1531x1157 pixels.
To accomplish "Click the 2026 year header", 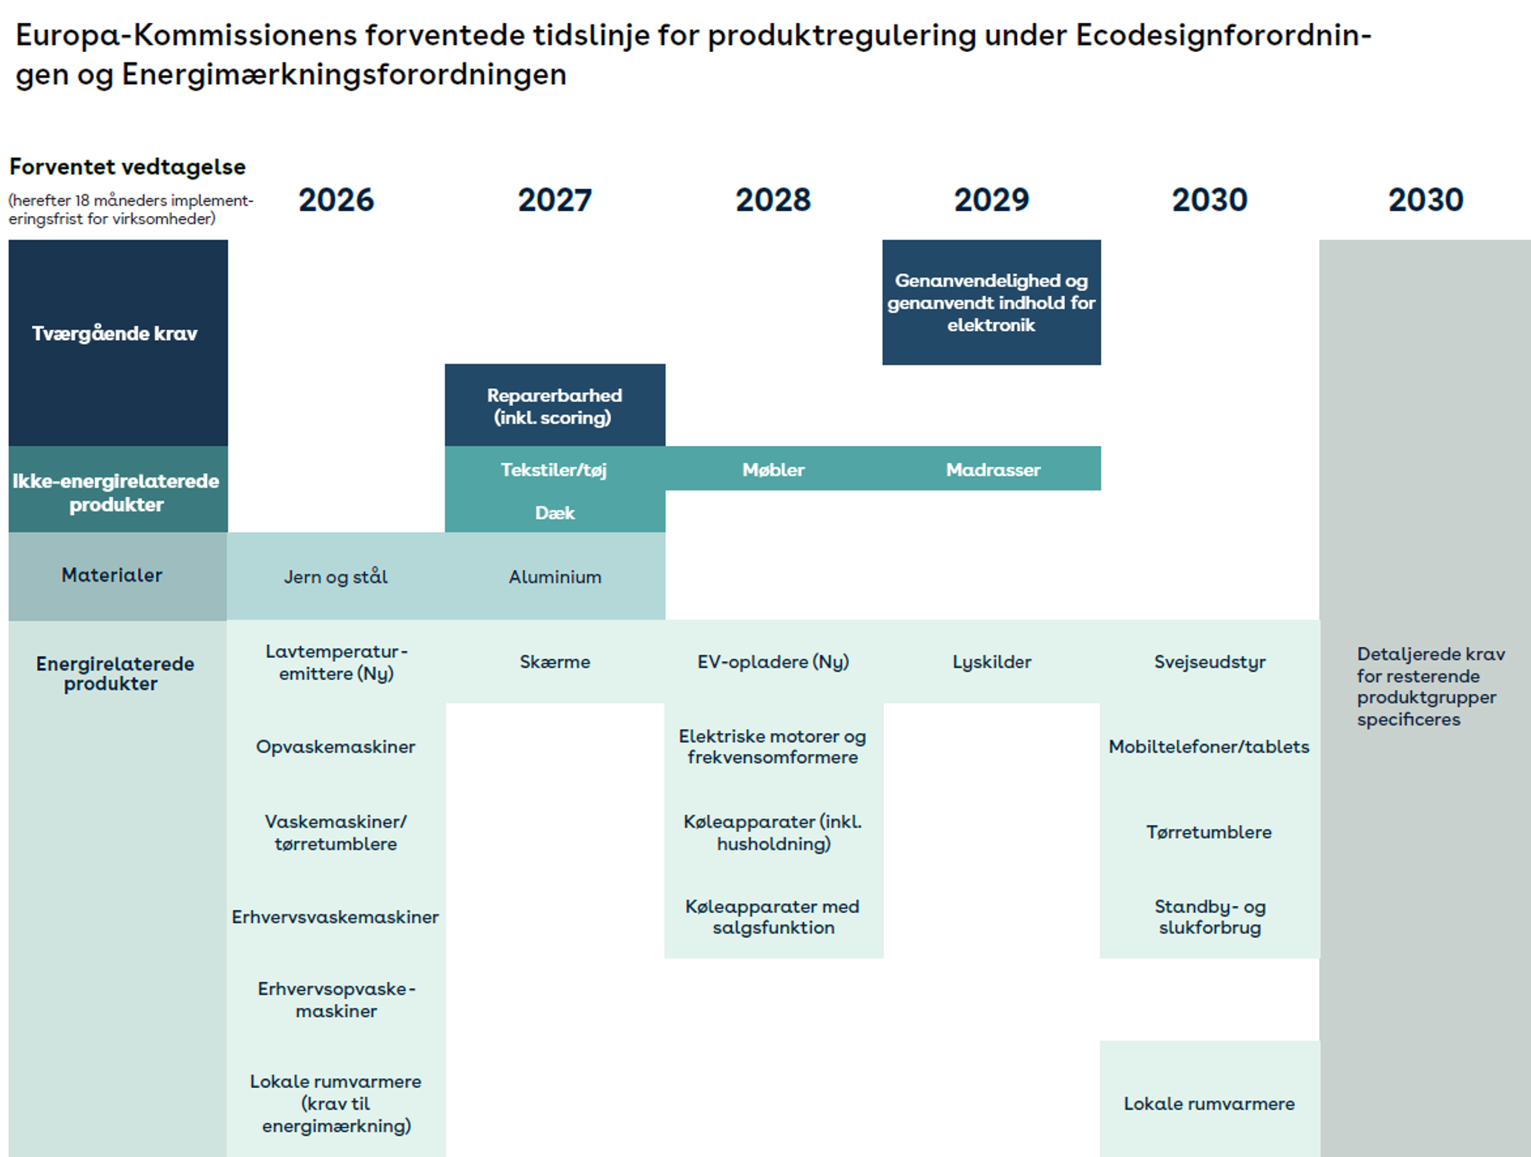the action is [336, 200].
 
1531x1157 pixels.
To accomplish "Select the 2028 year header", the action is [773, 200].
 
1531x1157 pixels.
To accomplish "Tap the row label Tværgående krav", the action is [114, 334].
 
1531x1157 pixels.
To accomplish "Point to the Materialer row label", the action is [112, 575].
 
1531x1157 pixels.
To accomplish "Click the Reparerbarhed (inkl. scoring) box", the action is [555, 405].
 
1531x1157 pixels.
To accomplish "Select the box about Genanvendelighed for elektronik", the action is [991, 302].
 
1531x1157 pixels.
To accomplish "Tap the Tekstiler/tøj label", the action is [554, 470].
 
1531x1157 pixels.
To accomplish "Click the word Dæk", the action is [555, 513].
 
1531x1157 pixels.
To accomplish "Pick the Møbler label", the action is [773, 470].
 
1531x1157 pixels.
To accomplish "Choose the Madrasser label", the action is [993, 470].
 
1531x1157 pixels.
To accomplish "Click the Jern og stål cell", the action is [336, 577].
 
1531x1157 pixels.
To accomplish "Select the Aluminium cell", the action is [555, 577].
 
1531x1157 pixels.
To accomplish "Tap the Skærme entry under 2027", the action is [555, 662].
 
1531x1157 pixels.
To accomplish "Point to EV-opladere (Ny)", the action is [773, 662].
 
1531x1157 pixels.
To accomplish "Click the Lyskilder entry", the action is [991, 662].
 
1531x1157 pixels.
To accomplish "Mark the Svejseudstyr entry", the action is [1210, 662].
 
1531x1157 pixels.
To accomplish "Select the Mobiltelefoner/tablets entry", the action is [1209, 747].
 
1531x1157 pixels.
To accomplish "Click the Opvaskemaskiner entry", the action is [335, 747].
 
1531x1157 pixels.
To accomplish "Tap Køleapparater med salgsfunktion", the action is [773, 917].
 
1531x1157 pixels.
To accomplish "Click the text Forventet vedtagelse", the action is [127, 167].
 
